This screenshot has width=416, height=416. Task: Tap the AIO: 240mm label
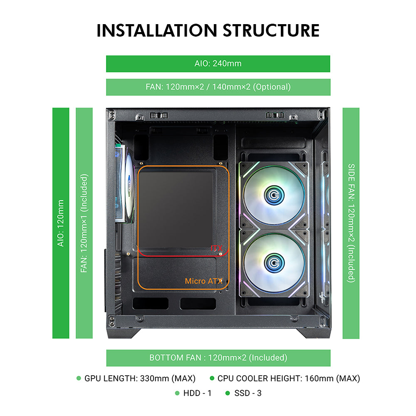(x=218, y=64)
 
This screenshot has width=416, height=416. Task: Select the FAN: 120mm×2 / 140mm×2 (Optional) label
(x=218, y=87)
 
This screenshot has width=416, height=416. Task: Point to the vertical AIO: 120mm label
(x=61, y=223)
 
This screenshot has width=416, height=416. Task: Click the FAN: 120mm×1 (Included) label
(x=84, y=223)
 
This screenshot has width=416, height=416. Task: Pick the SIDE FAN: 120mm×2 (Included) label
(x=351, y=223)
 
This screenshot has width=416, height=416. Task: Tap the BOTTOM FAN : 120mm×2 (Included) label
(x=218, y=358)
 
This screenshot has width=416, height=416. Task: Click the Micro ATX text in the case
(x=201, y=281)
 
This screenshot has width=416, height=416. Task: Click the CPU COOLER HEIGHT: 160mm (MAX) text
(x=289, y=379)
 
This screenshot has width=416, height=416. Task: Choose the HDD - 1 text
(x=197, y=393)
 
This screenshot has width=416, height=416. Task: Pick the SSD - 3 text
(x=248, y=393)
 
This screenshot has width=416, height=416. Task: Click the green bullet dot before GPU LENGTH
(x=79, y=379)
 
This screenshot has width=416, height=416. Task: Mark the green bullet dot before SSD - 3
(x=227, y=393)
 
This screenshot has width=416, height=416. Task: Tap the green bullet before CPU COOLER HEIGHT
(x=212, y=379)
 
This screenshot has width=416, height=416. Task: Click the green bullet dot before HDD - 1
(x=177, y=393)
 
